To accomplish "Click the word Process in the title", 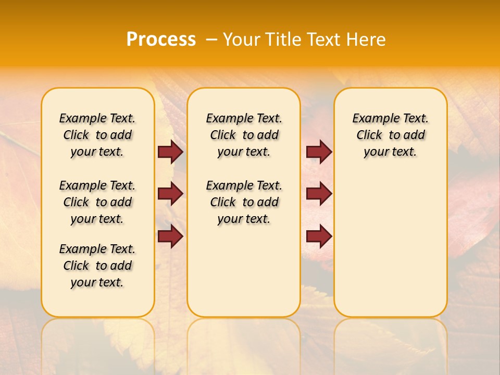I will (160, 40).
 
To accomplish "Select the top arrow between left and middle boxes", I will (170, 152).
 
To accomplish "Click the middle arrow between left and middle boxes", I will (170, 194).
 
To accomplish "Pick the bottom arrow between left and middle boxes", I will (170, 236).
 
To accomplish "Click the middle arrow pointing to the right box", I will (319, 194).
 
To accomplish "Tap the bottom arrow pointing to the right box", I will (319, 236).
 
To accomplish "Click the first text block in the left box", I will (97, 135).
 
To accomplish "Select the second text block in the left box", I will (97, 202).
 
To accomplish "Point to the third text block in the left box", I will (97, 266).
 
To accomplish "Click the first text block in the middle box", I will (244, 135).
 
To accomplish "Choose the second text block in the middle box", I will (244, 202).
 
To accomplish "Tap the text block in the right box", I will (391, 135).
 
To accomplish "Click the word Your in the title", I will (243, 40).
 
